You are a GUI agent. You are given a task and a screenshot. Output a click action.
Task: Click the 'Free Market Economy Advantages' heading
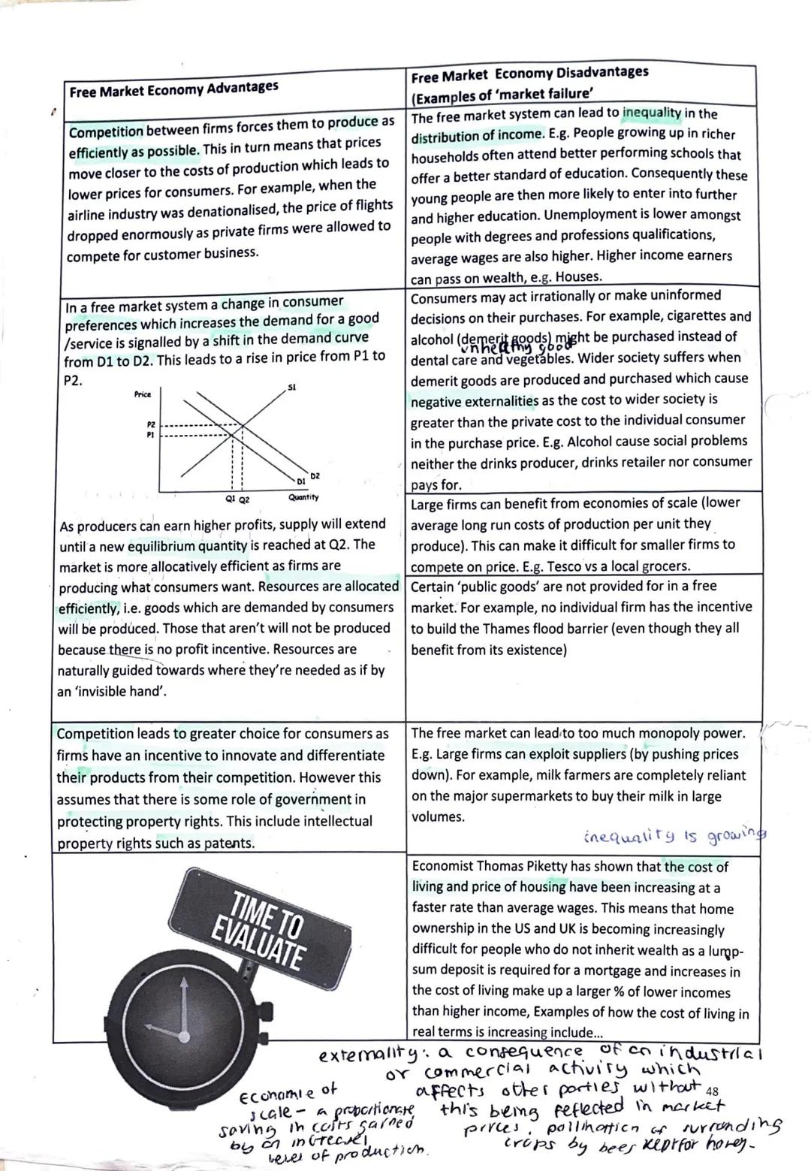(173, 89)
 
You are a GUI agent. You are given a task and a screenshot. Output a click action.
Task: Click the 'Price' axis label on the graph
(143, 394)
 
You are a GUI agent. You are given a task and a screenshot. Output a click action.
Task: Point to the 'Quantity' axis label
(303, 497)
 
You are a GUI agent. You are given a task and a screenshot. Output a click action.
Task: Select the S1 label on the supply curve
(292, 388)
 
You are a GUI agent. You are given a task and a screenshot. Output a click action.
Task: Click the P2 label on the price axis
(151, 424)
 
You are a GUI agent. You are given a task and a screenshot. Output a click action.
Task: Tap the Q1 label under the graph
(230, 499)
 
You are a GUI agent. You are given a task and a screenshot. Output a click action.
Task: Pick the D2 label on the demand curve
(315, 475)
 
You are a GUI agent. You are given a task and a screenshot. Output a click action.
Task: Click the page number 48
(713, 1090)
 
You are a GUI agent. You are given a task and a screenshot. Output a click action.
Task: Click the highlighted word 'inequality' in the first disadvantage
(652, 113)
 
